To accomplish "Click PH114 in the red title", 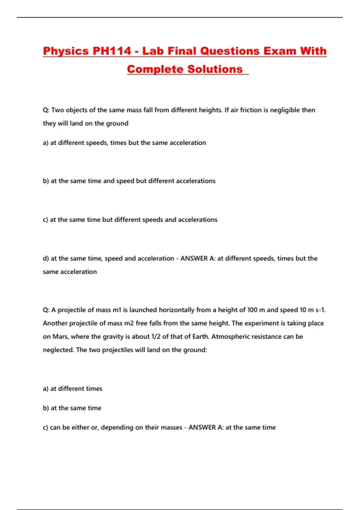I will point(112,51).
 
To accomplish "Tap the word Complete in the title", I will point(155,69).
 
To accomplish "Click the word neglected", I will point(58,350).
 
